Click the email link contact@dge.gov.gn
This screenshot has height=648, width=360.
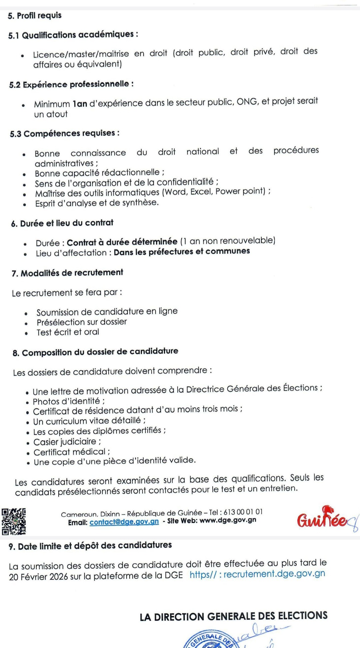pyautogui.click(x=124, y=522)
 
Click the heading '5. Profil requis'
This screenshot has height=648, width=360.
pyautogui.click(x=35, y=16)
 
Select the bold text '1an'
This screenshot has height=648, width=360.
pyautogui.click(x=80, y=104)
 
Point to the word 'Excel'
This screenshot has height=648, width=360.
pyautogui.click(x=201, y=192)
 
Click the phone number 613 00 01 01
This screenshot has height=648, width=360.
pyautogui.click(x=243, y=512)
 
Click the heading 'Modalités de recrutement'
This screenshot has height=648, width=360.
pyautogui.click(x=72, y=273)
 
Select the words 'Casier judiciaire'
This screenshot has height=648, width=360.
pyautogui.click(x=65, y=442)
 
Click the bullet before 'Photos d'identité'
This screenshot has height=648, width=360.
pyautogui.click(x=28, y=403)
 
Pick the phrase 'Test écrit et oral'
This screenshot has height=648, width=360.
pyautogui.click(x=68, y=332)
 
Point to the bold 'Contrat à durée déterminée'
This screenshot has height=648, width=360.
pyautogui.click(x=122, y=242)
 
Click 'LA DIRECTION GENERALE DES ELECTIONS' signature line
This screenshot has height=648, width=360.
pyautogui.click(x=233, y=616)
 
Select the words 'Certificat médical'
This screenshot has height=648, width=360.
pyautogui.click(x=69, y=452)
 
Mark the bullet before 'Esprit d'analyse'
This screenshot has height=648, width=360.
pyautogui.click(x=25, y=204)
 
